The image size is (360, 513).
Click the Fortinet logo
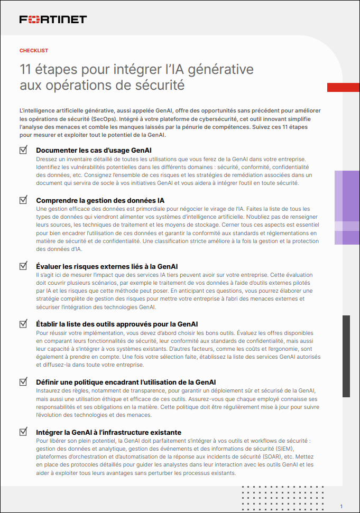click(x=53, y=20)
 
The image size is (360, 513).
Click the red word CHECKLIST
click(x=34, y=51)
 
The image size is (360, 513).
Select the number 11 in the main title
click(x=25, y=69)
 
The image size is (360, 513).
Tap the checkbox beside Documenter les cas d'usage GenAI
click(x=23, y=150)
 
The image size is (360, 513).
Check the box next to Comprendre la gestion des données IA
click(x=23, y=200)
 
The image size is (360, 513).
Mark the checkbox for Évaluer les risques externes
click(x=23, y=266)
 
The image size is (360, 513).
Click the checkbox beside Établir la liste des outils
click(x=23, y=323)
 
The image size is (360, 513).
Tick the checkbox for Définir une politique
click(x=23, y=381)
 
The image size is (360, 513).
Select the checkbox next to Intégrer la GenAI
click(x=23, y=432)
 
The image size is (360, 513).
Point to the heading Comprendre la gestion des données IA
click(x=100, y=201)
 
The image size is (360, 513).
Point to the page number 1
click(x=341, y=506)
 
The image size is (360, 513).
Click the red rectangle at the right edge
click(x=343, y=87)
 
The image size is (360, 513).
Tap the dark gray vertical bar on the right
click(x=346, y=356)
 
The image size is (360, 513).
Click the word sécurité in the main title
click(x=159, y=84)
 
